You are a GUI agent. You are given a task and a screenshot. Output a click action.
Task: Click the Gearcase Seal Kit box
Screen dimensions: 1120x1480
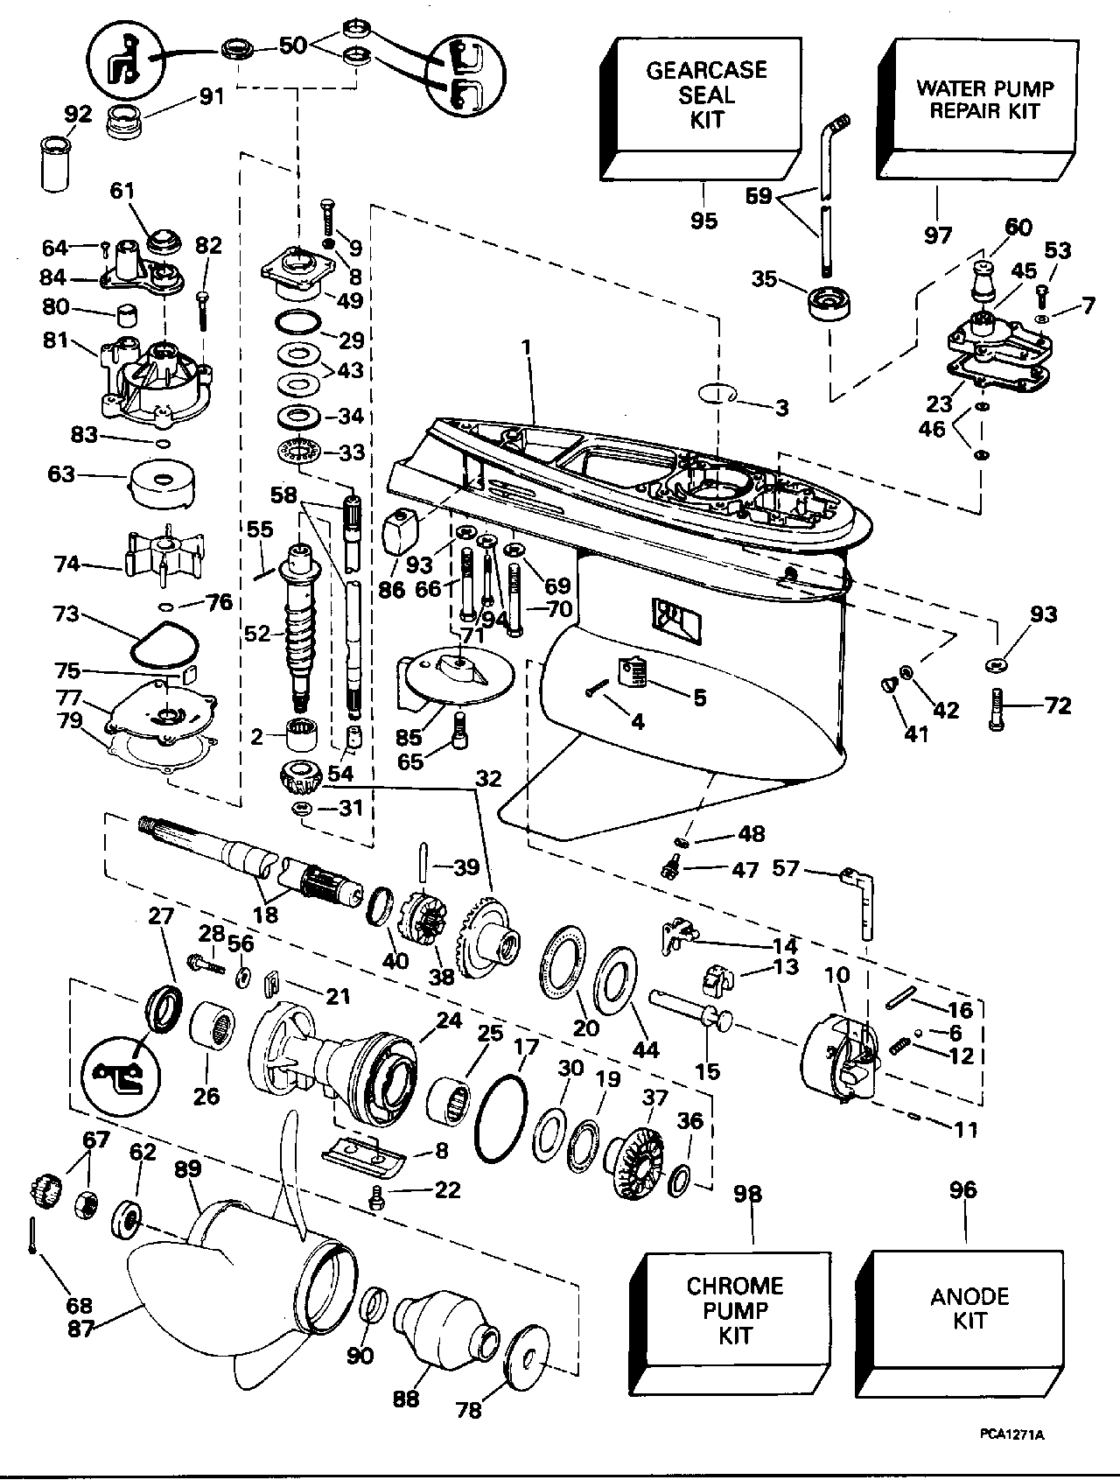(x=700, y=107)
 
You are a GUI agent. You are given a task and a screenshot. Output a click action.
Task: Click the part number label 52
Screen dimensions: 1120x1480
(x=257, y=632)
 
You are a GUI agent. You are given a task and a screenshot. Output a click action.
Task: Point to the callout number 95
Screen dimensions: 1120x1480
(x=703, y=221)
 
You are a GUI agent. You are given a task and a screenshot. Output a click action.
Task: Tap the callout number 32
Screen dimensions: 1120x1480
(x=488, y=777)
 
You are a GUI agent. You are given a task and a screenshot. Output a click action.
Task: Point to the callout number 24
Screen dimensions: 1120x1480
(x=449, y=1021)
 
